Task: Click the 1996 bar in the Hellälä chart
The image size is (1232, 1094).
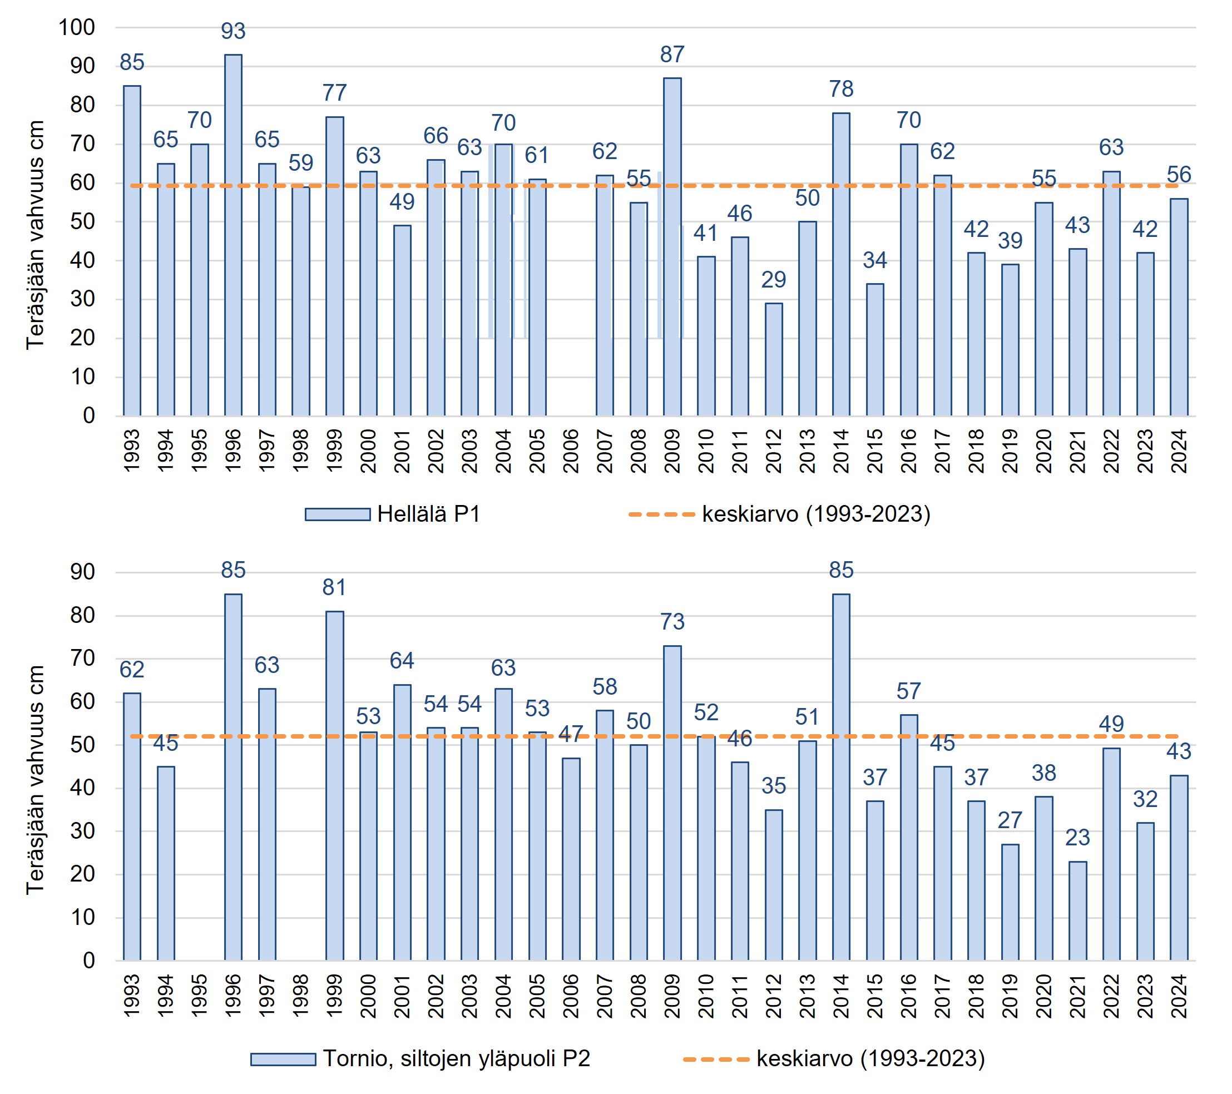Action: pos(233,235)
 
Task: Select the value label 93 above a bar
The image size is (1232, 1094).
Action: pos(233,31)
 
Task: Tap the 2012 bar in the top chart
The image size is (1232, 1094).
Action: pos(773,359)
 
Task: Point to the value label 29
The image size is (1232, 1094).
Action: pos(773,280)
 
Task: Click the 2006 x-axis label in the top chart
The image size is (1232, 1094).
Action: pos(571,451)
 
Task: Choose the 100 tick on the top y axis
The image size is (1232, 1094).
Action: pos(77,27)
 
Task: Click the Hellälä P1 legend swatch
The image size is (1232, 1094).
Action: pos(338,514)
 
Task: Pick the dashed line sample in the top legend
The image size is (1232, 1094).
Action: pos(661,514)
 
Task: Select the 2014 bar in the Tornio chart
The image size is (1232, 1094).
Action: pos(841,777)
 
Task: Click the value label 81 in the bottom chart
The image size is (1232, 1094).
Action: pos(334,587)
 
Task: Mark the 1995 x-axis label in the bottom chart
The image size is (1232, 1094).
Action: pos(200,996)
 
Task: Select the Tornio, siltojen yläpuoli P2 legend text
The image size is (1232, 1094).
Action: pos(456,1058)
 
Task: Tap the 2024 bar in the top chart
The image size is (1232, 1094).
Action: pos(1179,308)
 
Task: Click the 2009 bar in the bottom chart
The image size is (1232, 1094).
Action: pos(672,803)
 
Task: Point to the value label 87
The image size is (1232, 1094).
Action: pos(672,55)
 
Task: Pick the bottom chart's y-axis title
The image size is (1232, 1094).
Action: pos(35,780)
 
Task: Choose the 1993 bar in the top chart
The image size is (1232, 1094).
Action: pos(132,251)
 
